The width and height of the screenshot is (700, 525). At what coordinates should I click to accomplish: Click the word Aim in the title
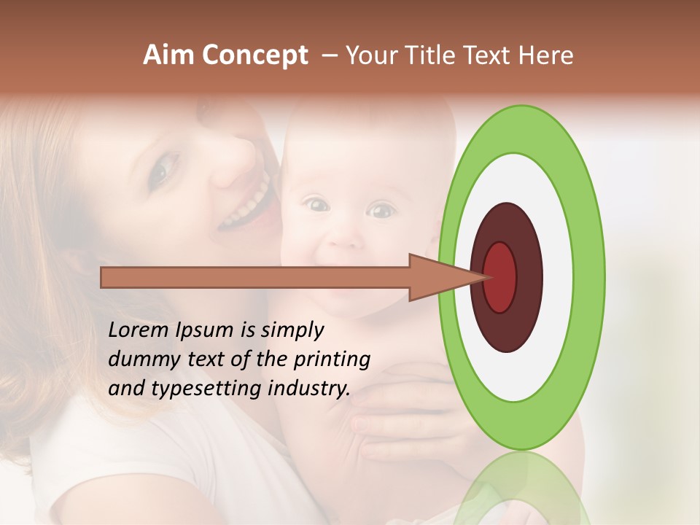pos(168,55)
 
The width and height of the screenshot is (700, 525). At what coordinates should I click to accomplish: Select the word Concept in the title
pos(254,56)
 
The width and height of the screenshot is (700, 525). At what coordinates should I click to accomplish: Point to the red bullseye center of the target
pos(500,277)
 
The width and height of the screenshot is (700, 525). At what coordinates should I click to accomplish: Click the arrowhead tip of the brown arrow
pos(487,277)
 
